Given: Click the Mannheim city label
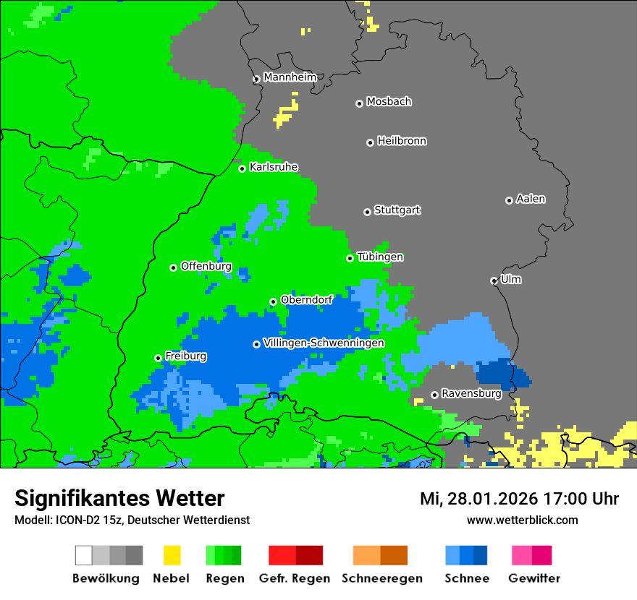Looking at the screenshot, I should tap(290, 77).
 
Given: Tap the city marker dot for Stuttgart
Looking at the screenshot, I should tap(367, 212).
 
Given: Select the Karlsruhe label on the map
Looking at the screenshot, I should tap(274, 167).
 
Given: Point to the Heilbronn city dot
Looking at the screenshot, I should tap(370, 142).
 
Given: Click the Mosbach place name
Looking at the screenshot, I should tap(389, 102).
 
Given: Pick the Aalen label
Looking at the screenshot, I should tap(531, 199).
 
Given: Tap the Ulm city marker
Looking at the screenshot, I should tap(494, 280).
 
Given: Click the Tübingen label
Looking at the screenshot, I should tap(380, 257).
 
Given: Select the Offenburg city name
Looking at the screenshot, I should tap(206, 266).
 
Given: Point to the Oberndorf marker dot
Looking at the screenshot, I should tap(273, 301).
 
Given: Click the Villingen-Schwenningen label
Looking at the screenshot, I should tap(324, 343).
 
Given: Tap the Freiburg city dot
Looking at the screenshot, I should tap(158, 358).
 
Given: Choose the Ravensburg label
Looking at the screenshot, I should tap(471, 393).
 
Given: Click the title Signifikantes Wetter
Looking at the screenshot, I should tap(119, 498).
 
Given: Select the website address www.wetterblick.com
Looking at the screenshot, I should tap(522, 520).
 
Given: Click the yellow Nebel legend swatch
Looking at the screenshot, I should tap(172, 555).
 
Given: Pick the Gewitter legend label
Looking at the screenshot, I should tap(533, 578).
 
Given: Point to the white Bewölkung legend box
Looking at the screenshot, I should tap(84, 555).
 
